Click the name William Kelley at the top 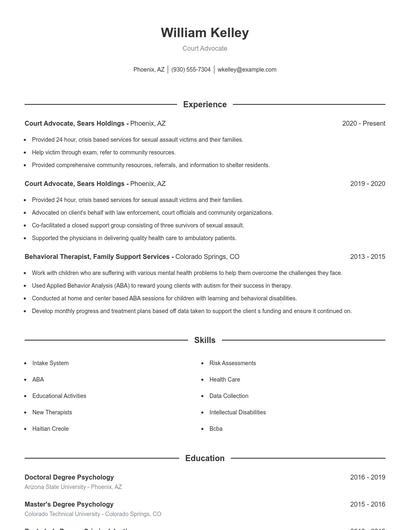point(204,33)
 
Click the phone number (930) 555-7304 point(191,70)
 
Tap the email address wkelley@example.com point(247,70)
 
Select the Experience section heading point(204,104)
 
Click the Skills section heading point(204,341)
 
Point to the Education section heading point(204,458)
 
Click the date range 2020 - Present point(363,123)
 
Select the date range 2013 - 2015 point(367,257)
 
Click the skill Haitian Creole point(51,428)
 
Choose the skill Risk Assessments point(232,363)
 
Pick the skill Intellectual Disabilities point(237,412)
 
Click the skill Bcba point(216,428)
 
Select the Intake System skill point(50,363)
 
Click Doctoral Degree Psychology point(69,478)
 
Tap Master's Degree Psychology point(69,504)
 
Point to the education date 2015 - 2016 point(367,504)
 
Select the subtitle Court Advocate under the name point(204,48)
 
